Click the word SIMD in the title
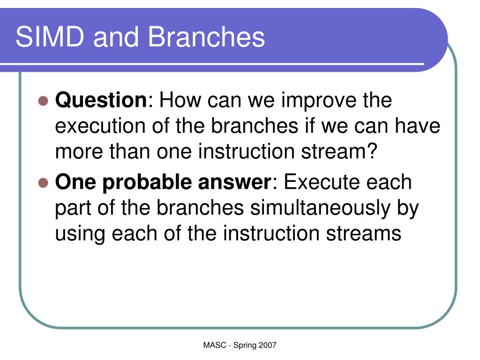(50, 37)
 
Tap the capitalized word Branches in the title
(206, 37)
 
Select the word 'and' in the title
(116, 37)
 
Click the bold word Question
(101, 100)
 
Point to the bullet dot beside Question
(43, 101)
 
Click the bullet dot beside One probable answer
(43, 183)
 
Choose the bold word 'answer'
(234, 182)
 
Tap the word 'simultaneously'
(320, 209)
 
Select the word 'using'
(80, 234)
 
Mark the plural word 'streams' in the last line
(363, 233)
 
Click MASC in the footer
(214, 345)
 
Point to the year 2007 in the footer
(267, 345)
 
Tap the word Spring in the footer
(245, 345)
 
